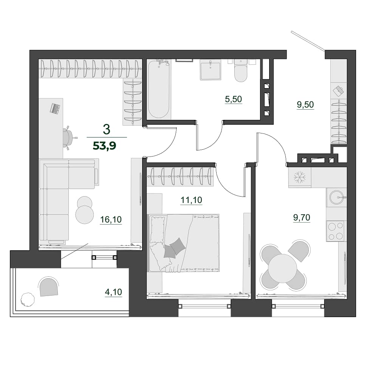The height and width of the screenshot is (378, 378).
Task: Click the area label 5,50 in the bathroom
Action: pyautogui.click(x=233, y=99)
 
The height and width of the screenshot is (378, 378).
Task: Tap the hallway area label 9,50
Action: pyautogui.click(x=305, y=105)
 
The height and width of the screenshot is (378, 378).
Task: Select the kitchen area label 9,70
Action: pyautogui.click(x=302, y=217)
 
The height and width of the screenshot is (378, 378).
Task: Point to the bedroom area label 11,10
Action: pyautogui.click(x=191, y=200)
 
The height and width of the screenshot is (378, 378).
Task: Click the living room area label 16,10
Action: pyautogui.click(x=111, y=220)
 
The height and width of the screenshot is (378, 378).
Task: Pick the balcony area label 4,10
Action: pyautogui.click(x=113, y=292)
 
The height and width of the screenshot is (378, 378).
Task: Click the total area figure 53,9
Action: pyautogui.click(x=105, y=146)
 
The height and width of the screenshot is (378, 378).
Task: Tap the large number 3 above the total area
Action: pyautogui.click(x=106, y=129)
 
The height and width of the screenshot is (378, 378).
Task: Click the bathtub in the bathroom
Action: pyautogui.click(x=159, y=89)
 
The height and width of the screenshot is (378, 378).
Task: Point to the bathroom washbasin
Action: pyautogui.click(x=211, y=70)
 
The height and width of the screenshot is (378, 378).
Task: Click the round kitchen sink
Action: pyautogui.click(x=336, y=197)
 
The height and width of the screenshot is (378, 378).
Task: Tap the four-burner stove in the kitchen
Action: pyautogui.click(x=336, y=231)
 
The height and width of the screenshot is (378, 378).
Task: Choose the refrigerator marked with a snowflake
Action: pyautogui.click(x=300, y=178)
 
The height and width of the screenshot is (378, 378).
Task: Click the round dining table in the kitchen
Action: pyautogui.click(x=283, y=268)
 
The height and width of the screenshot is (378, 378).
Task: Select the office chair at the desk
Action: pyautogui.click(x=69, y=138)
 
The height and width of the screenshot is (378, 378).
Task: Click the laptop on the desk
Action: pyautogui.click(x=55, y=108)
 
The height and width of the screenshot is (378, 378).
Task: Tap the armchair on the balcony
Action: pyautogui.click(x=48, y=287)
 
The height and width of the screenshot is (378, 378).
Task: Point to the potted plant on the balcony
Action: pyautogui.click(x=27, y=299)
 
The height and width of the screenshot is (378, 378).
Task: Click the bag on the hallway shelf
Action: pyautogui.click(x=338, y=90)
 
